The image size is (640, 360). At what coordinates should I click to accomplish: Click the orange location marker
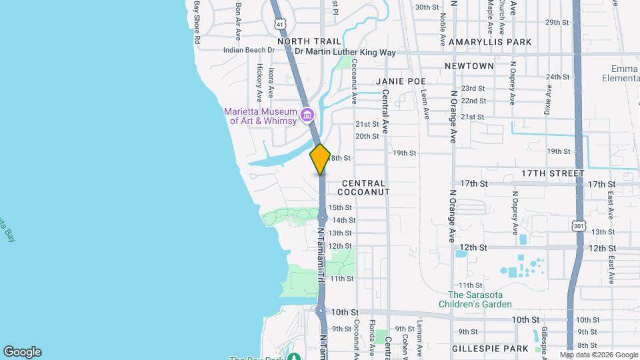pos(320,159)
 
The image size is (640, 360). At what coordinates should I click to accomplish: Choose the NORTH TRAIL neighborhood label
pos(304,41)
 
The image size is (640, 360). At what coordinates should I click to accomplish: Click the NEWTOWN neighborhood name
pos(469,66)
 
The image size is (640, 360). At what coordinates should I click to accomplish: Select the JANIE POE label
pos(400,81)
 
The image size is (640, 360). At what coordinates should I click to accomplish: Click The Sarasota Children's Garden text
pos(479,300)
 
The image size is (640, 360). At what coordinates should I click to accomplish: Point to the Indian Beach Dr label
pos(249,50)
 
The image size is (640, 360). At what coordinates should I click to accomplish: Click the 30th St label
pos(427,7)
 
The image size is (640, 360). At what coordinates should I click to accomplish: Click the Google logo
pos(22,352)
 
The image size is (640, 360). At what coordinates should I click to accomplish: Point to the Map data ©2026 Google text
pos(598,355)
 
